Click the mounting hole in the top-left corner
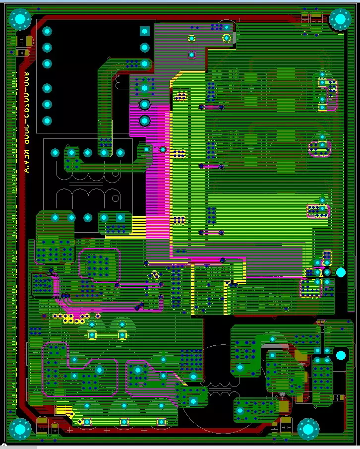20,19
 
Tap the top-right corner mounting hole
340,19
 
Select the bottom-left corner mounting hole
20,429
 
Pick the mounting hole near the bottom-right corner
308,429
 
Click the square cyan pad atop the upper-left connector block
144,31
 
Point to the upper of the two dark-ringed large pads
144,104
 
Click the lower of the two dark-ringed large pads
144,121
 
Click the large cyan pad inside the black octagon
340,355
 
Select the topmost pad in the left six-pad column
47,31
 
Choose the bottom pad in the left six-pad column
47,121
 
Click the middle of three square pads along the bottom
124,422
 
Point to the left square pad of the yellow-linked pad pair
92,335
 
